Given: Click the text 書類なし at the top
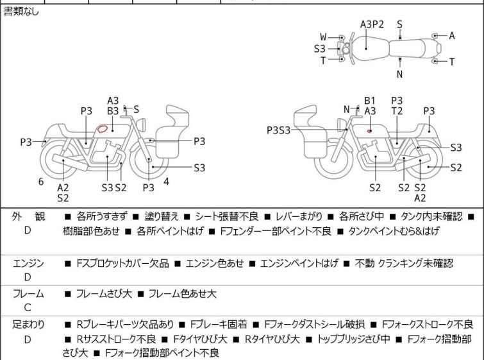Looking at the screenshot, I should tap(21, 12).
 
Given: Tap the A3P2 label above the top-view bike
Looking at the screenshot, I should tap(372, 24).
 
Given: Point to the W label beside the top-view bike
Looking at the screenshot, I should tap(324, 37).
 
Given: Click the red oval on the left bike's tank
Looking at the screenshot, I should tap(101, 128).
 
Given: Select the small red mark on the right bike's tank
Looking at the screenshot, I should tap(370, 130).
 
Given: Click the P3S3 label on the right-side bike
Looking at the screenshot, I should tap(279, 130).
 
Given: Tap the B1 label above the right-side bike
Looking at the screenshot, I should tap(370, 101).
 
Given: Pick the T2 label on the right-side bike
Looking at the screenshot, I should tap(397, 111).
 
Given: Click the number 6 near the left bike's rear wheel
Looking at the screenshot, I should tap(41, 182).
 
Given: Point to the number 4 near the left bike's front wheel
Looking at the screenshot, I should tap(166, 182).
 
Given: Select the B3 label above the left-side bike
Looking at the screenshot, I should tap(113, 111).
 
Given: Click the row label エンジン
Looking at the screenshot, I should tap(28, 263).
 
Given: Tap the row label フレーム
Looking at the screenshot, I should tap(28, 294).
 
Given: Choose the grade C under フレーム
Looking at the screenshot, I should tap(28, 307).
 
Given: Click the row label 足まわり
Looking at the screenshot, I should tap(28, 325).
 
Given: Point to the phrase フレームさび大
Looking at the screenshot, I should tap(104, 294).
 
